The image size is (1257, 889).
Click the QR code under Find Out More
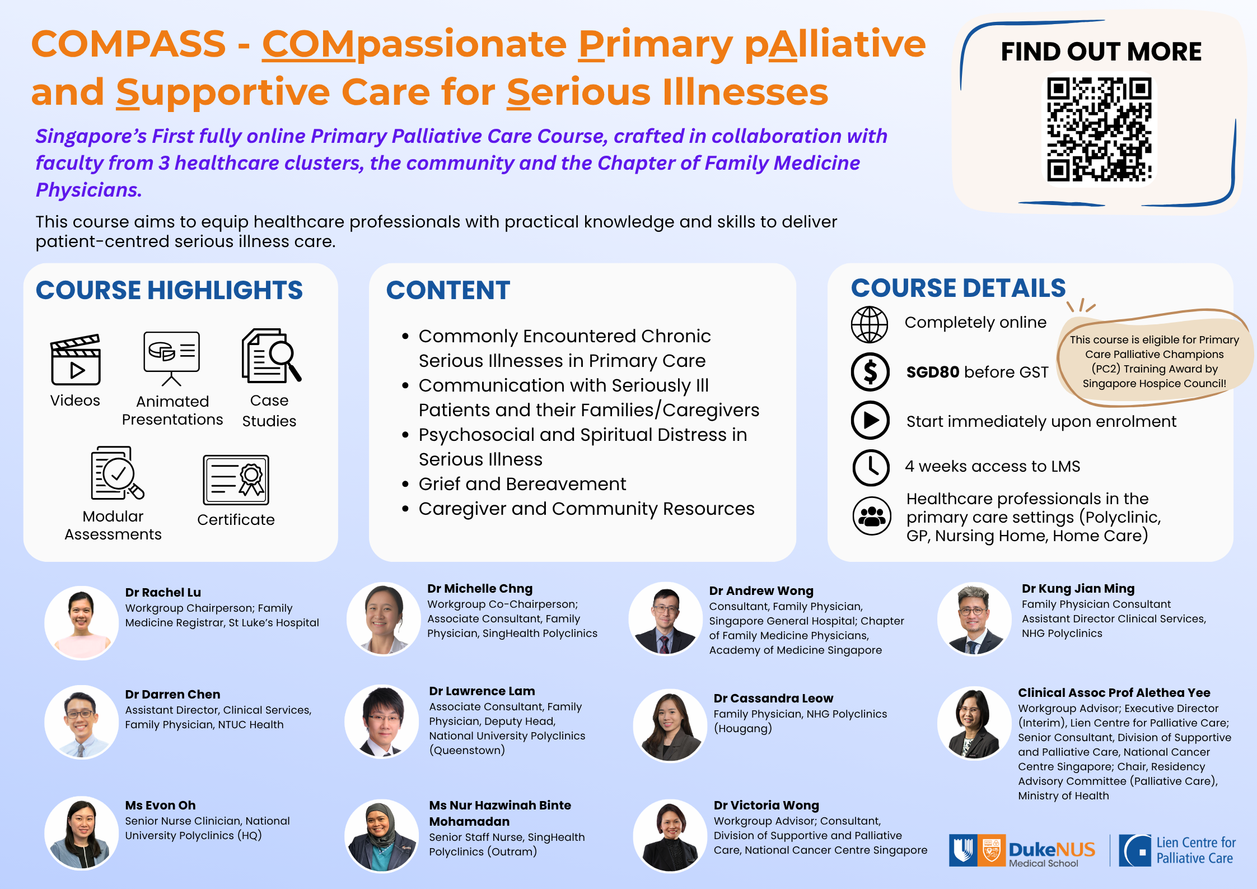(x=1099, y=130)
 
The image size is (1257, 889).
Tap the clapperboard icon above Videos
(x=76, y=360)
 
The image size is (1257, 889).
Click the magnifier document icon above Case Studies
(x=271, y=356)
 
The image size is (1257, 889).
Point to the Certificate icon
(x=236, y=480)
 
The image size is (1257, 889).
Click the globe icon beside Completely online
(x=870, y=324)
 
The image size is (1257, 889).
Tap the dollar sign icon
(x=870, y=372)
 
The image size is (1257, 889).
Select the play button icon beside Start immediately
(x=870, y=420)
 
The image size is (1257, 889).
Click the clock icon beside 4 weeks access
(x=871, y=467)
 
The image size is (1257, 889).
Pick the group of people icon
(x=871, y=515)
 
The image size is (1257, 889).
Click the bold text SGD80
(x=933, y=372)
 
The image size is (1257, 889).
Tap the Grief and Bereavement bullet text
(x=522, y=484)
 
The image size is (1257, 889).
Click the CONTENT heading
(x=448, y=290)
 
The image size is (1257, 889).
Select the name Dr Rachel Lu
(x=163, y=593)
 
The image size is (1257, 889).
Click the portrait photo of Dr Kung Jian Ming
(x=974, y=618)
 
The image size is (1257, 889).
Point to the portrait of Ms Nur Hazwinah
(x=381, y=836)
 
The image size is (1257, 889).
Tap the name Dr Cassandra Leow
(x=773, y=699)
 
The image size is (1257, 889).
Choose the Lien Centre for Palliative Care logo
(x=1177, y=850)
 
